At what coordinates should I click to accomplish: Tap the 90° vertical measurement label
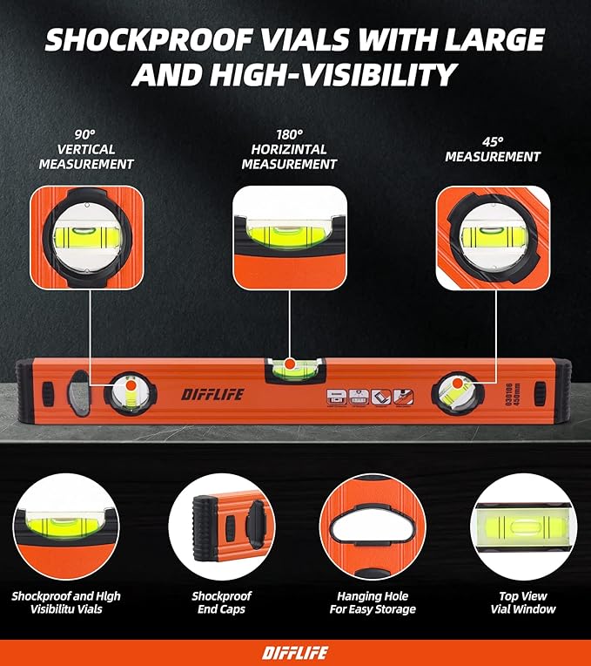point(84,149)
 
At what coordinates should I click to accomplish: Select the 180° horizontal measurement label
point(289,149)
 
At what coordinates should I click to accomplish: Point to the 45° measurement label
point(492,149)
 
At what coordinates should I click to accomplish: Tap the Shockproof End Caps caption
point(221,602)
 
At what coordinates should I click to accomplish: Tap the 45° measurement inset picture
point(492,236)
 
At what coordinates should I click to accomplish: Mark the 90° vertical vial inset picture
point(84,236)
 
